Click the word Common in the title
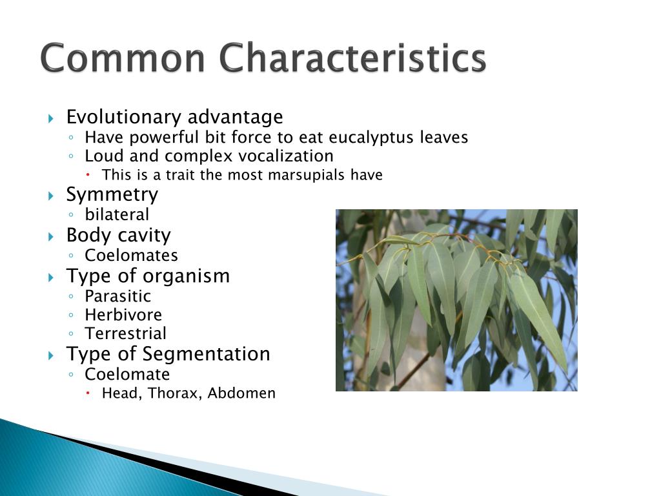coord(123,58)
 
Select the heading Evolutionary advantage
coord(174,118)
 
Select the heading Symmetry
coord(112,194)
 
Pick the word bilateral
coord(117,214)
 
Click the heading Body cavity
coord(118,235)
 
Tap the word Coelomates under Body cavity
coord(131,255)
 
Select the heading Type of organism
coord(148,276)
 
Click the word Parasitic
coord(117,296)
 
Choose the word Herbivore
coord(123,315)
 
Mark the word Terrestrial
coord(125,334)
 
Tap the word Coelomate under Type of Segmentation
coord(127,375)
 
